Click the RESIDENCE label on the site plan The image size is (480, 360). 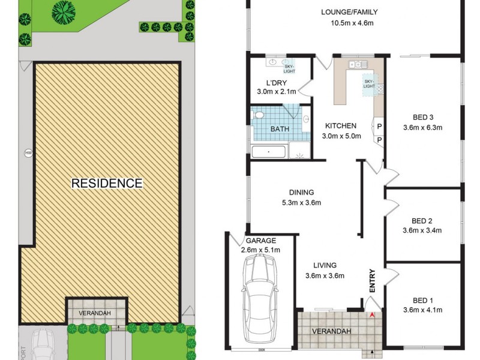(x=107, y=183)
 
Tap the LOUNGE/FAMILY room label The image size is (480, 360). (x=349, y=12)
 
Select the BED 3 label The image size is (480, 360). (x=423, y=117)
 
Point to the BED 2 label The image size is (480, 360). (x=423, y=220)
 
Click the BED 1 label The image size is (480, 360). (x=422, y=301)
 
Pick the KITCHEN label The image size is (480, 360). (x=341, y=126)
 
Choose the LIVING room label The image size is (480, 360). (x=325, y=265)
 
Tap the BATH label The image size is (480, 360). (x=280, y=129)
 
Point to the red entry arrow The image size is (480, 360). (x=373, y=314)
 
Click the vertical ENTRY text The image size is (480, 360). (x=372, y=281)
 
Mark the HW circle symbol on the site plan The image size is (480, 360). (x=28, y=153)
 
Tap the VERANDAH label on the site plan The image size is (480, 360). (x=95, y=313)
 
